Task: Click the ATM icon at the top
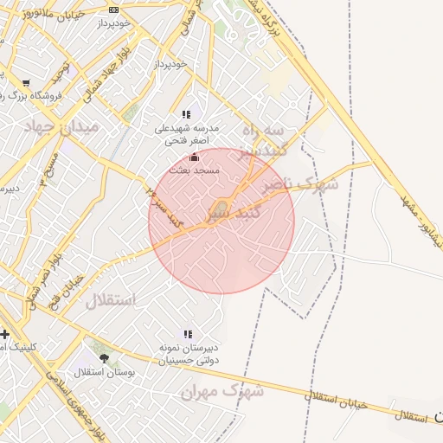point(113,10)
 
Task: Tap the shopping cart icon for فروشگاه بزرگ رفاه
point(25,84)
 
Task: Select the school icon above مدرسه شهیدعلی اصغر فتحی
point(186,114)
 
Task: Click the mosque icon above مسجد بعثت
point(194,157)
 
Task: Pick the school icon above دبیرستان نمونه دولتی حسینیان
point(187,333)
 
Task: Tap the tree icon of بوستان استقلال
point(105,358)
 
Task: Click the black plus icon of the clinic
point(5,333)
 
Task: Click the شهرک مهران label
point(221,391)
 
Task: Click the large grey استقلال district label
point(110,301)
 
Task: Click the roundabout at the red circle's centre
point(221,210)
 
